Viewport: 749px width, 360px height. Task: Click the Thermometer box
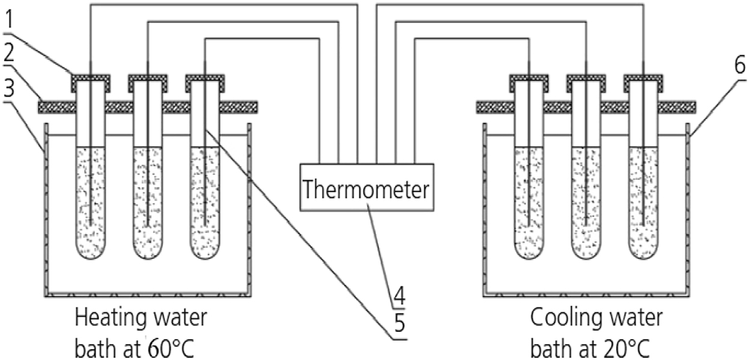click(x=366, y=188)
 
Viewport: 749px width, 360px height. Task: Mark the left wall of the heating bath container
click(x=44, y=210)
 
